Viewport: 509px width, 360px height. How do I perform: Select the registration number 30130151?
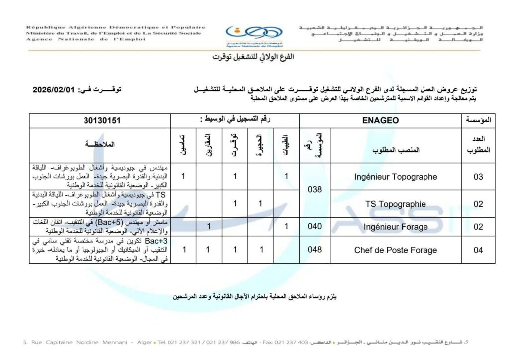[102, 120]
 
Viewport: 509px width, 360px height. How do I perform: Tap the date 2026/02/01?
[53, 90]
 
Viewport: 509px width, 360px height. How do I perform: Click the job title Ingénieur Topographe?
[396, 177]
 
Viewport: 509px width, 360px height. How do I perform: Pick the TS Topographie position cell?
[396, 204]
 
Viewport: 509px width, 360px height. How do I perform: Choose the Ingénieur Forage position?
[396, 227]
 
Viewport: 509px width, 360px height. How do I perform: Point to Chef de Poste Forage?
[396, 250]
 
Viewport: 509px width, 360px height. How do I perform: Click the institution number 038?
[315, 189]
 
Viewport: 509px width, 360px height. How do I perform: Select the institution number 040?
[315, 227]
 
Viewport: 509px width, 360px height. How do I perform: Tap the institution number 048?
[315, 250]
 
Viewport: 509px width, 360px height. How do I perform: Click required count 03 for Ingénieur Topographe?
[478, 177]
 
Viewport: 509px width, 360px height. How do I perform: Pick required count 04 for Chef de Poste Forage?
[478, 250]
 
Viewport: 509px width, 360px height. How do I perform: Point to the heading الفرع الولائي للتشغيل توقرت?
[254, 57]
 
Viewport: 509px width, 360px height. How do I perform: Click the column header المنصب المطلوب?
[396, 150]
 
